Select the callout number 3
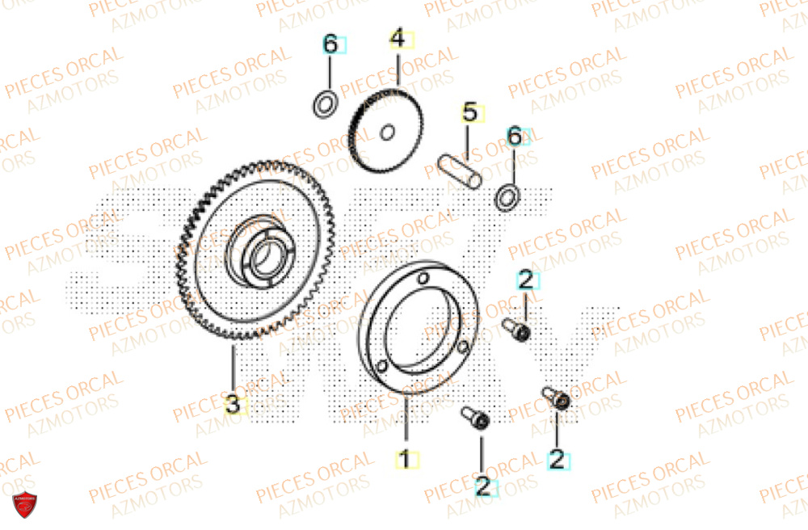pyautogui.click(x=233, y=405)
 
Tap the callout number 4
pyautogui.click(x=397, y=39)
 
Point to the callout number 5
pyautogui.click(x=469, y=112)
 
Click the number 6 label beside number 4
pyautogui.click(x=330, y=45)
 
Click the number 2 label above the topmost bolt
pyautogui.click(x=526, y=280)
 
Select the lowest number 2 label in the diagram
pyautogui.click(x=482, y=486)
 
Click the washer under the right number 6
pyautogui.click(x=508, y=196)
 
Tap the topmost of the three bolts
pyautogui.click(x=517, y=330)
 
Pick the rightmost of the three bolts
pyautogui.click(x=557, y=398)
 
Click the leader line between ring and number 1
pyautogui.click(x=406, y=424)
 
